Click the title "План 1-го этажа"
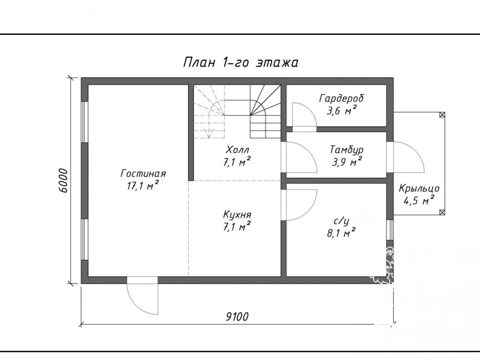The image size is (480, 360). [x=241, y=63]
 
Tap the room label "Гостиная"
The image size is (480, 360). [x=143, y=174]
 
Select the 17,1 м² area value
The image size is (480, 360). [x=143, y=186]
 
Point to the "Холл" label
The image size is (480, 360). [x=237, y=150]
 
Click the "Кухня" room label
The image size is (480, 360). [x=237, y=215]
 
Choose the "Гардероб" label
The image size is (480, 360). [x=341, y=98]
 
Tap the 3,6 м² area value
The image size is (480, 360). [x=341, y=110]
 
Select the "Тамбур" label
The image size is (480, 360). [x=347, y=150]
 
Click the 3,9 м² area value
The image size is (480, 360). [x=347, y=162]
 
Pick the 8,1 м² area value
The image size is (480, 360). [x=341, y=233]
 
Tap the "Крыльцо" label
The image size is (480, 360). [x=419, y=189]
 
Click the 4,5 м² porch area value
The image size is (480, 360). [x=419, y=201]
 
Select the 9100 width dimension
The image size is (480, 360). [x=237, y=317]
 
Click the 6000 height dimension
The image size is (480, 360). [x=63, y=180]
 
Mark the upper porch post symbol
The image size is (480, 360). [x=442, y=115]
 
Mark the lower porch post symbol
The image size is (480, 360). [x=442, y=212]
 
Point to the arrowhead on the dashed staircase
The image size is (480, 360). [x=209, y=135]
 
